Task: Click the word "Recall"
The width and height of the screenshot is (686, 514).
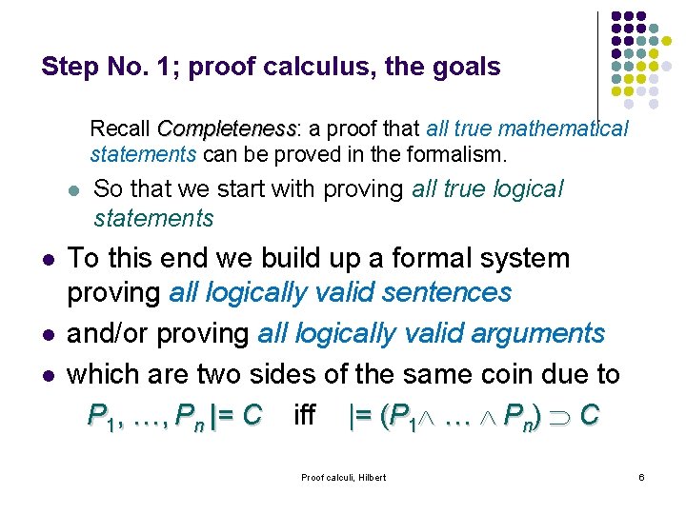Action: click(x=121, y=129)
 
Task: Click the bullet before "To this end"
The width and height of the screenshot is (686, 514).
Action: click(x=47, y=260)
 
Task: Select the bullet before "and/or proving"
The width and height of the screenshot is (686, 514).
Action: click(x=47, y=335)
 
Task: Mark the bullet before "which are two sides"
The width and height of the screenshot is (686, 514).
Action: click(x=47, y=376)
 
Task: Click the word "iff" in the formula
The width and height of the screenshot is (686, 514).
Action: click(x=305, y=415)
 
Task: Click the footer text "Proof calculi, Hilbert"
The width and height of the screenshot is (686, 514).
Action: click(x=343, y=477)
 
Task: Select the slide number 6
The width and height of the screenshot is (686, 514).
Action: click(x=642, y=477)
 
